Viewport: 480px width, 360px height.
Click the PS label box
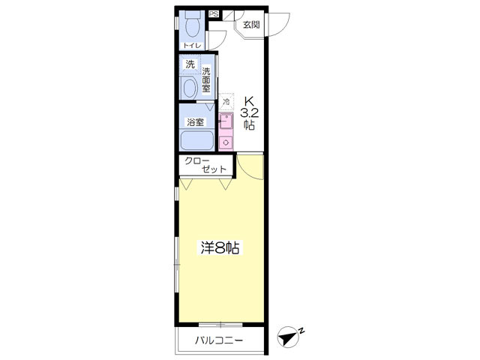pyautogui.click(x=214, y=14)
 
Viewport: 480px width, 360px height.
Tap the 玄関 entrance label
pyautogui.click(x=251, y=25)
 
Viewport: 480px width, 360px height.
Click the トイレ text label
pyautogui.click(x=192, y=46)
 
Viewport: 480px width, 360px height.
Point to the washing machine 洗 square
pyautogui.click(x=190, y=64)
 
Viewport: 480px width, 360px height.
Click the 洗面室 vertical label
pyautogui.click(x=206, y=80)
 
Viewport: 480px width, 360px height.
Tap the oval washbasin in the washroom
pyautogui.click(x=190, y=88)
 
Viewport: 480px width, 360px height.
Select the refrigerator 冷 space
pyautogui.click(x=226, y=101)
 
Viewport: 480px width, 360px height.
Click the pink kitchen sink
pyautogui.click(x=226, y=121)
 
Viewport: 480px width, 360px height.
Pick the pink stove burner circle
pyautogui.click(x=226, y=142)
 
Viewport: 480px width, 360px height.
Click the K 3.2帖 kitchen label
pyautogui.click(x=249, y=113)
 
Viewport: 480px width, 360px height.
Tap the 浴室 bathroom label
pyautogui.click(x=195, y=122)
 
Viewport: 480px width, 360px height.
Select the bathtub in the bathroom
pyautogui.click(x=196, y=140)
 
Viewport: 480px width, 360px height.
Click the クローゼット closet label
pyautogui.click(x=205, y=165)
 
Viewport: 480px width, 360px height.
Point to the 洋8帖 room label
pyautogui.click(x=220, y=248)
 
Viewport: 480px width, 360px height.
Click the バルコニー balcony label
pyautogui.click(x=220, y=340)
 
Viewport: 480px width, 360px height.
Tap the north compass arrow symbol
pyautogui.click(x=288, y=337)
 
